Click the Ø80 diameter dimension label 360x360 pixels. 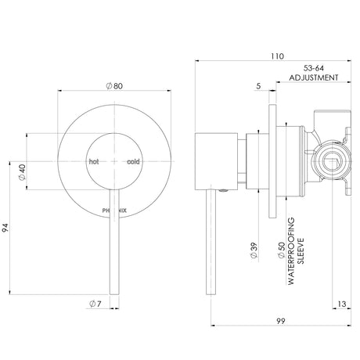114,86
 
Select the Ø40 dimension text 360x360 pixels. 22,172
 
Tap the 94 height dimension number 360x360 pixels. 5,228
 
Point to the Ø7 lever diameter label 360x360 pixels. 95,304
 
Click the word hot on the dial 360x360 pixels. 94,162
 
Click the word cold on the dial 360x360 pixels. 133,162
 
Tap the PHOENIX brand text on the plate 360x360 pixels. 114,211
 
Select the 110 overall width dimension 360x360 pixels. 277,56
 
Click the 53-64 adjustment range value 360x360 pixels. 314,68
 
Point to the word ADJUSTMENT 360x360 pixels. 314,77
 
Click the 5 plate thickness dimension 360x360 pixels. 258,86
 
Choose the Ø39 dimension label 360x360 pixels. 254,250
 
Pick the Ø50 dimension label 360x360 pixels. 282,250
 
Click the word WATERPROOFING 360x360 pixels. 291,251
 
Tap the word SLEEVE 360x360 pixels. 301,251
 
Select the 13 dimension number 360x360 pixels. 342,304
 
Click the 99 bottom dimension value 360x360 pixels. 281,321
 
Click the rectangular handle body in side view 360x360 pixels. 216,161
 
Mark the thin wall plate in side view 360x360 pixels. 272,161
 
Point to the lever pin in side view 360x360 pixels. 211,242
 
